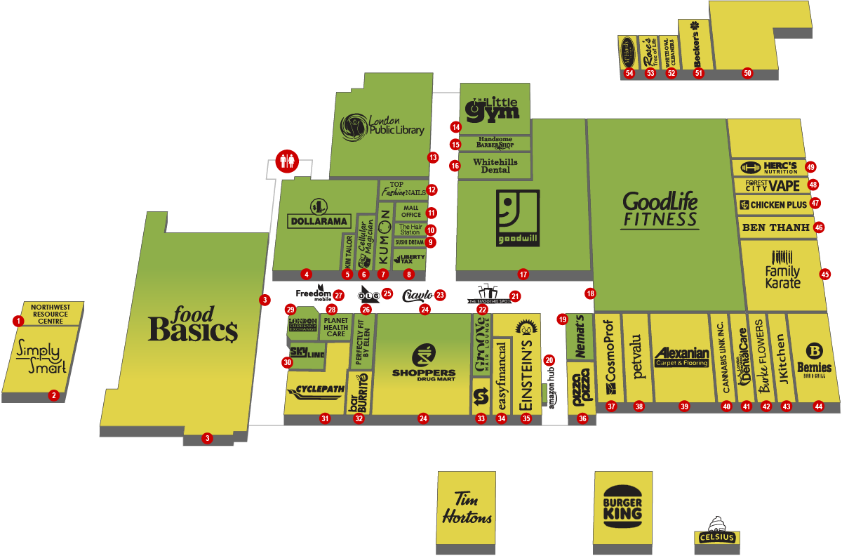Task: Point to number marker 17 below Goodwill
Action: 522,274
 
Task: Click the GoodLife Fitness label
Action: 660,210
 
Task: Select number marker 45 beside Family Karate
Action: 824,274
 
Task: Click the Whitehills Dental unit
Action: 495,166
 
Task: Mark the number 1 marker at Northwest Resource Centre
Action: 18,321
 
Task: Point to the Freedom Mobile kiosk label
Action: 313,293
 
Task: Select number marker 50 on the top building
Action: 747,73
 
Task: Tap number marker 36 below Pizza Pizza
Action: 582,418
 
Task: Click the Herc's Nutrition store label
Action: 769,168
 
